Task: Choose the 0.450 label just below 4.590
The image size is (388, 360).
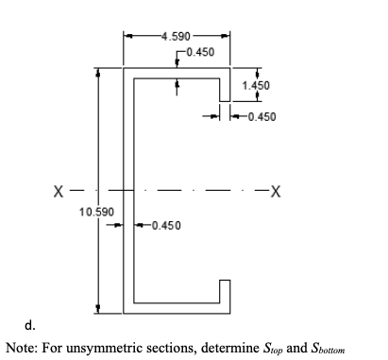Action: point(202,50)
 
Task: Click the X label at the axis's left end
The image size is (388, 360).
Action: point(59,192)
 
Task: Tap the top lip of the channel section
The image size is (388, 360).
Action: point(226,91)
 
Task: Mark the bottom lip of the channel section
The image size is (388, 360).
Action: point(226,290)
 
